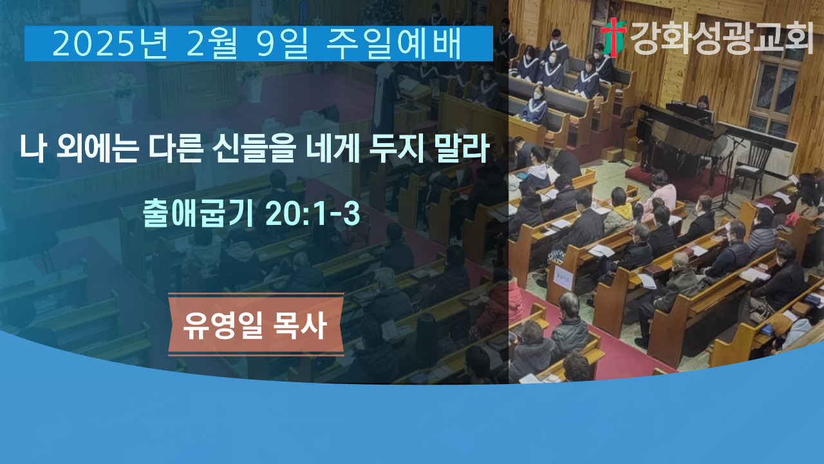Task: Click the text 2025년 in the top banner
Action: point(110,44)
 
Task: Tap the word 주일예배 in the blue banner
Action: point(394,44)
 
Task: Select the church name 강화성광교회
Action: point(722,37)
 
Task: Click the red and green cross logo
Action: point(613,37)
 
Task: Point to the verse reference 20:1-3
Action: point(312,213)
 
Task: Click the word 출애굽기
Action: point(198,213)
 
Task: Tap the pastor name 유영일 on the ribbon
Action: point(223,325)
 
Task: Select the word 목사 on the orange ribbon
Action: point(300,325)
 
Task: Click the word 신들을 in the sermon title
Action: point(254,148)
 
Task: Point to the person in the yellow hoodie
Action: point(619,210)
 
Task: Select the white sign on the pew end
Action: point(563,279)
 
